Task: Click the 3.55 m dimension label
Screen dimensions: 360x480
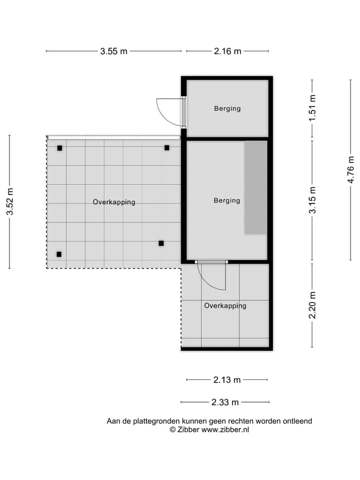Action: (113, 51)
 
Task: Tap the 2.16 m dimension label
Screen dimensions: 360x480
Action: (227, 51)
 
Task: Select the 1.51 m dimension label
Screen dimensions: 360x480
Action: (312, 108)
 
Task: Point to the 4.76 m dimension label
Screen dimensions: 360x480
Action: (350, 170)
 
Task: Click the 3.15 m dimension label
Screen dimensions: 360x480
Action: (312, 200)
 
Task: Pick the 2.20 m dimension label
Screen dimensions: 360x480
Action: (312, 305)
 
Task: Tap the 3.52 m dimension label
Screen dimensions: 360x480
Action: (10, 201)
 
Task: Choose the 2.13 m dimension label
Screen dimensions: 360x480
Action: (227, 380)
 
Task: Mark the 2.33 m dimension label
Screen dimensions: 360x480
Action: (225, 402)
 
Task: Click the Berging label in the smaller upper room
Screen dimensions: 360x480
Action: (227, 108)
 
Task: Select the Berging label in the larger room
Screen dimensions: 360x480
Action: (227, 201)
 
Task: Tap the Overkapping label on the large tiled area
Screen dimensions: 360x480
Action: (114, 202)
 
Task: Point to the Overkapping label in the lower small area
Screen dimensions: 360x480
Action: (225, 306)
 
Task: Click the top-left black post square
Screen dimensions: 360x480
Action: (59, 148)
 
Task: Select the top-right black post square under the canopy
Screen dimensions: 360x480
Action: (167, 148)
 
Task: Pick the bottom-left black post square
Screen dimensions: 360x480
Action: (59, 254)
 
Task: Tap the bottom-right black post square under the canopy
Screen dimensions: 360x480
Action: (161, 243)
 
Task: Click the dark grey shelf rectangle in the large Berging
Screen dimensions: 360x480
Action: (255, 187)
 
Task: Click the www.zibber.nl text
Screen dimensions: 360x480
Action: (225, 430)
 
